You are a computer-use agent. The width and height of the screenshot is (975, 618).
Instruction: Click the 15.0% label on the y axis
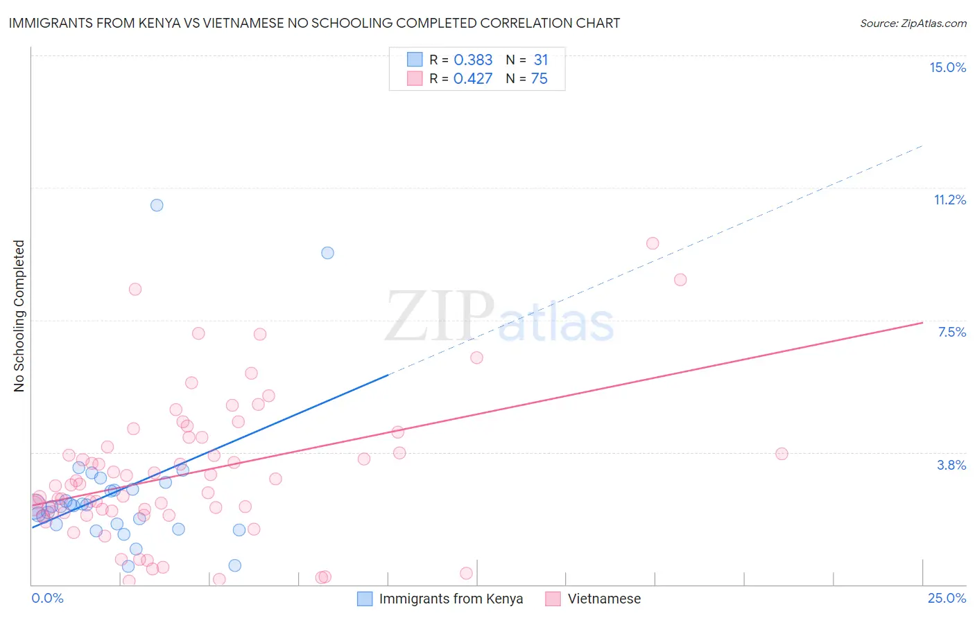947,67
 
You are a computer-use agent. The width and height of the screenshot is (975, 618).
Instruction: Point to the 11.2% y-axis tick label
949,200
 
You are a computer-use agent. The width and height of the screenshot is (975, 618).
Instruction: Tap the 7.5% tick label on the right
951,332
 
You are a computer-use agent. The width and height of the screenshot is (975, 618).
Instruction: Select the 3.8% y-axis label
951,465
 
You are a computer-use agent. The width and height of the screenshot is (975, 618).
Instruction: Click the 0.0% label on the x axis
47,598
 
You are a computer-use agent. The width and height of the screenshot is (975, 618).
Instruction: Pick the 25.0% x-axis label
947,598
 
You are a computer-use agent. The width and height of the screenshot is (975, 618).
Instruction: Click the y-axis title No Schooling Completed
19,316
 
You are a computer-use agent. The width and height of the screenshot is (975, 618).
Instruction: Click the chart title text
314,23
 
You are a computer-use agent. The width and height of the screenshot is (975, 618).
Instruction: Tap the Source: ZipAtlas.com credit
913,23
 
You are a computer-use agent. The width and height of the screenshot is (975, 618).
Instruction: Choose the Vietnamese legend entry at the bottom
604,599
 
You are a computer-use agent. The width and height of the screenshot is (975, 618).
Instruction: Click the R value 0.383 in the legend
473,60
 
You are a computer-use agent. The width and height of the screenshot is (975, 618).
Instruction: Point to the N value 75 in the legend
539,79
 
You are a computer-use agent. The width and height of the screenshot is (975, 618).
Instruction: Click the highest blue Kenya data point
157,205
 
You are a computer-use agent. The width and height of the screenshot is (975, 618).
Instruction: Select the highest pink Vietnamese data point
653,243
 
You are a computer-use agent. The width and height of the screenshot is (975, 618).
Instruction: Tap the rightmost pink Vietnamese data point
782,454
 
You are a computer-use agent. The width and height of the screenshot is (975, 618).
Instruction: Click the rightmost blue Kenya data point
327,253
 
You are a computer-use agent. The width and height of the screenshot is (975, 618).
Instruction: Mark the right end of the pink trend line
922,322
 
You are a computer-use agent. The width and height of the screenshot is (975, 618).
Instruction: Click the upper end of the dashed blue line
922,145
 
